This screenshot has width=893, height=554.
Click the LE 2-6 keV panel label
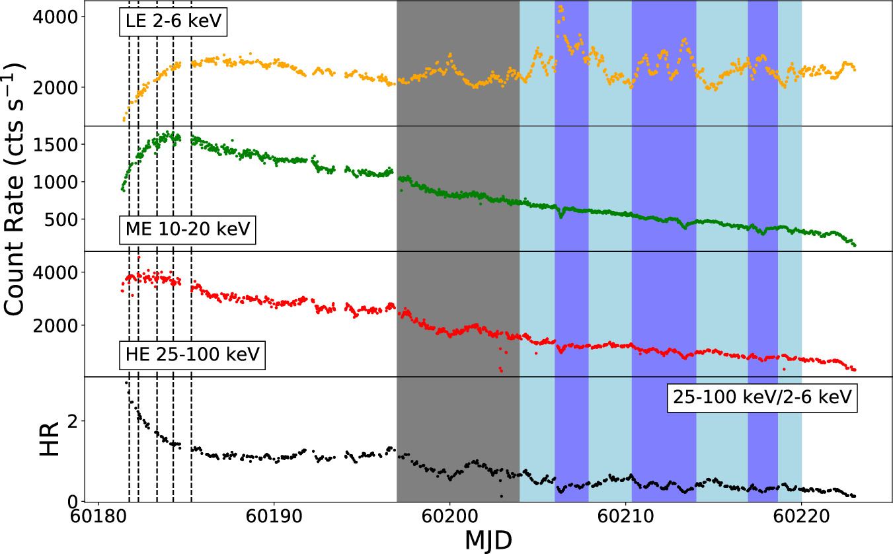[173, 23]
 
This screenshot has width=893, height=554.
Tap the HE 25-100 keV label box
[192, 356]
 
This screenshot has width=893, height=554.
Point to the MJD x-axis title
[488, 539]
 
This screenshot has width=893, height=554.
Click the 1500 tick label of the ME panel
[65, 144]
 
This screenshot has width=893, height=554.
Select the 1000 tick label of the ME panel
[65, 182]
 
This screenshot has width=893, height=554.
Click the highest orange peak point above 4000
[561, 7]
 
